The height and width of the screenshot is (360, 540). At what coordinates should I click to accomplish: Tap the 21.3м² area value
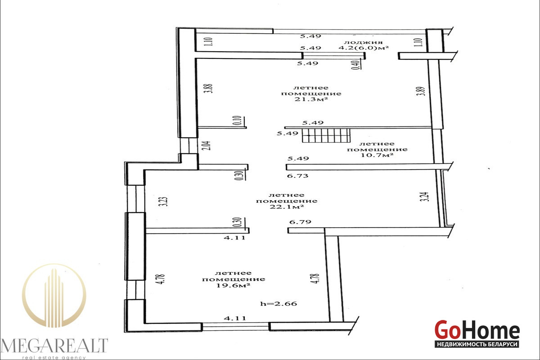(311, 99)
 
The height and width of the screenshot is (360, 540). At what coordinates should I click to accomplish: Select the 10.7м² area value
(377, 155)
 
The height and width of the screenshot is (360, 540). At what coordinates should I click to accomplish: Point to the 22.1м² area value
(286, 207)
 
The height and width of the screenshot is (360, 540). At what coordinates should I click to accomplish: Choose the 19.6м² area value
(233, 285)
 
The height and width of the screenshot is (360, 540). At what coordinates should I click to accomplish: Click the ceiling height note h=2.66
(279, 303)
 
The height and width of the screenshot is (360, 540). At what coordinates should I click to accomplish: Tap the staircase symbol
(326, 135)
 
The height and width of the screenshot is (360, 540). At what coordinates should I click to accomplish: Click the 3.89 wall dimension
(421, 91)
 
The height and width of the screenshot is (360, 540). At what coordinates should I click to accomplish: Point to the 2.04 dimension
(208, 145)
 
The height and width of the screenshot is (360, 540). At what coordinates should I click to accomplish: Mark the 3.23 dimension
(164, 202)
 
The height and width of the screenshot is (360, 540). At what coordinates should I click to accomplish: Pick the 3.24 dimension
(426, 197)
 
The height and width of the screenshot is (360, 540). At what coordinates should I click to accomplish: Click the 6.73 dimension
(298, 176)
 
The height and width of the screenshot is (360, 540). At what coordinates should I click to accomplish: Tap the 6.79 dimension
(300, 221)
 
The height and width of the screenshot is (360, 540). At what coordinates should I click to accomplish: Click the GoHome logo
(477, 329)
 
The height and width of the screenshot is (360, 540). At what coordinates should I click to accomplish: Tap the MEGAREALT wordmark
(54, 345)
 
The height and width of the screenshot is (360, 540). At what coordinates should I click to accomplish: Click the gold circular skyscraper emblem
(54, 296)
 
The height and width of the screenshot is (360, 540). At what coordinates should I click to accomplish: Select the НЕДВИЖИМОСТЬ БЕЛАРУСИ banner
(477, 344)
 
